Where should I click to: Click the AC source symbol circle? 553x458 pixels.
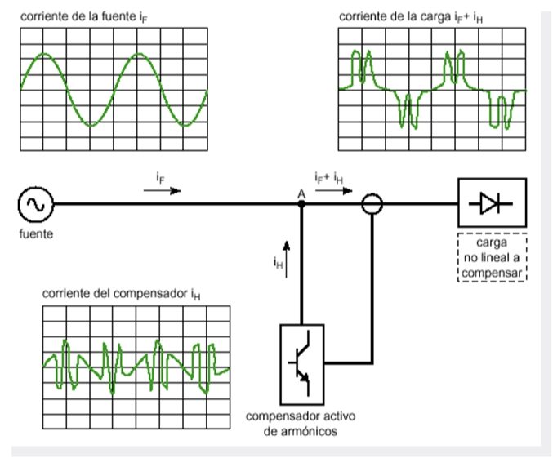35,204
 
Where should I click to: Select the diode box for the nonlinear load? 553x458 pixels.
492,203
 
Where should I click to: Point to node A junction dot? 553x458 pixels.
301,204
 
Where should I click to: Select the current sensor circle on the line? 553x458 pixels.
372,204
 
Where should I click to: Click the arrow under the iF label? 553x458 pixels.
161,190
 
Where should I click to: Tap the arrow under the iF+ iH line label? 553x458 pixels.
334,190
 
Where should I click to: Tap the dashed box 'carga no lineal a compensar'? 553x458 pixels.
492,259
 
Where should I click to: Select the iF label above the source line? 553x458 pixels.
159,176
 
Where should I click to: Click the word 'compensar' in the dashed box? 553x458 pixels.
492,272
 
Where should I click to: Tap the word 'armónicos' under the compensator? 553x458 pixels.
310,432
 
